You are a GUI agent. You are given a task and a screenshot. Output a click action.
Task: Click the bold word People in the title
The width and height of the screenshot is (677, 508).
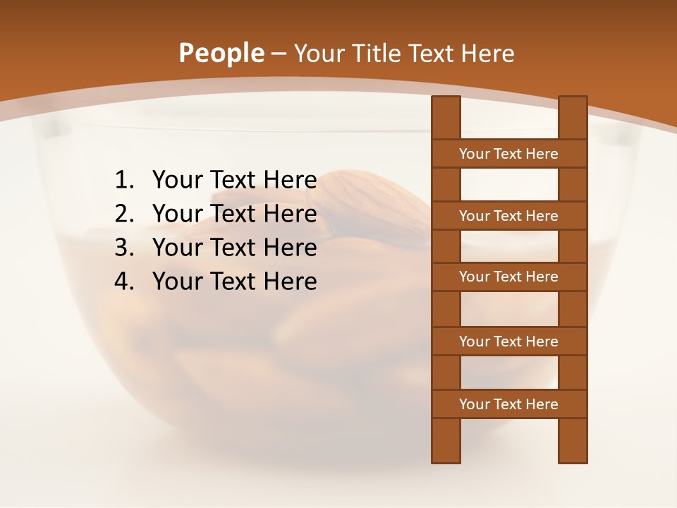pos(221,54)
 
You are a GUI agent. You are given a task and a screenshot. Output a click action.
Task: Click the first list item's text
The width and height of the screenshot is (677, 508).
pos(234,181)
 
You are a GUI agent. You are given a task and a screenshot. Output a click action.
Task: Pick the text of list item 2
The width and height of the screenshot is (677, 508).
pos(234,214)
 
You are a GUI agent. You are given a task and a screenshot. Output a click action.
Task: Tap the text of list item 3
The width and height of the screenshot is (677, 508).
pos(234,248)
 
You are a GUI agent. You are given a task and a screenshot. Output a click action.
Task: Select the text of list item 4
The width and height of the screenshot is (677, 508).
pos(234,282)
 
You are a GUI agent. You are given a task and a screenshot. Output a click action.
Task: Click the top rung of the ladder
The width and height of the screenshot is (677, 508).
pos(508,154)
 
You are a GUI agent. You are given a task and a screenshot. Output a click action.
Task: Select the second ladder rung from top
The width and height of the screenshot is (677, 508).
pos(508,216)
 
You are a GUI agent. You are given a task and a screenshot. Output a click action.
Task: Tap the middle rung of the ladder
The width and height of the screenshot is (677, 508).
pos(508,277)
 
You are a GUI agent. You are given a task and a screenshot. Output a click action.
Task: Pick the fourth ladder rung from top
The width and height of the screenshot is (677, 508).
pos(508,341)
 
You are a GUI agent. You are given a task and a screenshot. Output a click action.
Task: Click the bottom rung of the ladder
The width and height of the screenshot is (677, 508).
pos(508,404)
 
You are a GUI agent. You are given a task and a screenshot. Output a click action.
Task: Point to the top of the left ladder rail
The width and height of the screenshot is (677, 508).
pos(446,106)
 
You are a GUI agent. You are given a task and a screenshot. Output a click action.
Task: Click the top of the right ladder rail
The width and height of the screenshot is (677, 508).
pos(573,106)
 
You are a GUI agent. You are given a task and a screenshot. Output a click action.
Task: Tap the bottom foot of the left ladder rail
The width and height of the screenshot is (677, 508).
pos(446,452)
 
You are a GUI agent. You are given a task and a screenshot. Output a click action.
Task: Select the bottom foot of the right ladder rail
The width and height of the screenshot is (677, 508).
pos(573,452)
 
